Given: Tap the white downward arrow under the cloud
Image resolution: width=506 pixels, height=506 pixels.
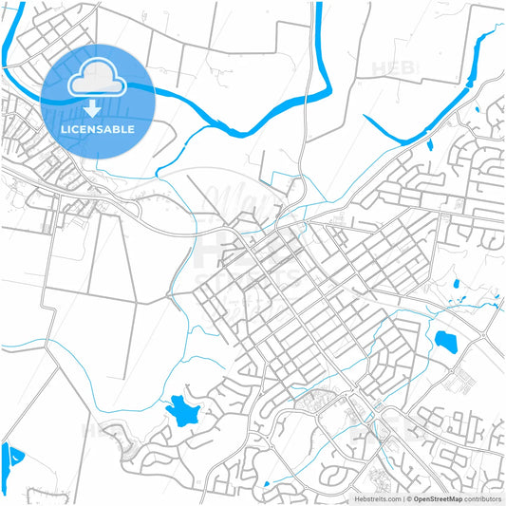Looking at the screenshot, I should point(93,107).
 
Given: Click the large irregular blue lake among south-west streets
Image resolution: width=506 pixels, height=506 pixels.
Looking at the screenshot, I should point(182,410).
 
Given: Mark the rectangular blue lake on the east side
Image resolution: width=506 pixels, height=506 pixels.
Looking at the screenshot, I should point(443,340).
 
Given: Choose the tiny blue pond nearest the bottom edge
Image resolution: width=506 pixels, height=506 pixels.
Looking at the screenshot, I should point(267,485).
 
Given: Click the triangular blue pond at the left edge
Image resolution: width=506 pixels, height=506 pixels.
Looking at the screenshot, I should point(11,462).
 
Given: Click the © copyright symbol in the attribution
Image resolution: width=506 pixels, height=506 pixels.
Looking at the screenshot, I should point(409,497).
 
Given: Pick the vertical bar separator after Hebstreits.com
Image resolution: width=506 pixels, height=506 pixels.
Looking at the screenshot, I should point(403,497).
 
